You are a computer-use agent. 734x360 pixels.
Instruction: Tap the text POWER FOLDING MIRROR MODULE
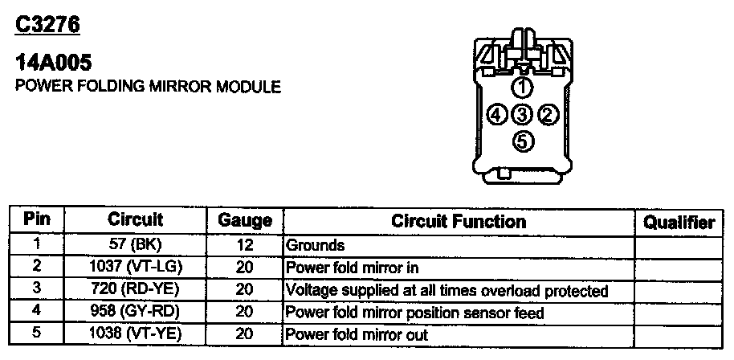click(149, 86)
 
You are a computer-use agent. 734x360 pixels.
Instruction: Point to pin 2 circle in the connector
click(548, 115)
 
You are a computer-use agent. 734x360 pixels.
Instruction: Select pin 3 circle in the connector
click(522, 115)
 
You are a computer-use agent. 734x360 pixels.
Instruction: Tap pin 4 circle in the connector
click(497, 115)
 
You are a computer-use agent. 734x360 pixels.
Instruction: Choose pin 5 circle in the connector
click(522, 141)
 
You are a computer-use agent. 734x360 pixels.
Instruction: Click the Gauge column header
click(245, 221)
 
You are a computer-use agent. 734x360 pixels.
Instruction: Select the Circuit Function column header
click(459, 221)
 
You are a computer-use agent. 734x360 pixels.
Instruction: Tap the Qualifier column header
click(679, 223)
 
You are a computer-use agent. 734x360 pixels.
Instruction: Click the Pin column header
click(37, 219)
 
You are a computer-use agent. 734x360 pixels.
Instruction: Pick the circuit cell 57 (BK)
click(135, 245)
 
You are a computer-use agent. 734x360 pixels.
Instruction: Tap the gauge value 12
click(245, 245)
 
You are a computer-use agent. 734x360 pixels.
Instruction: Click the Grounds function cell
click(316, 245)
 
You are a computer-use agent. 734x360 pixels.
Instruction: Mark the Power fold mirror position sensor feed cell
click(415, 313)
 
